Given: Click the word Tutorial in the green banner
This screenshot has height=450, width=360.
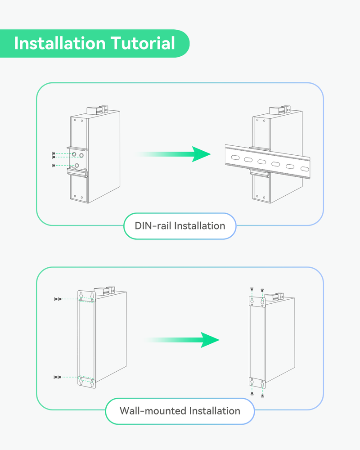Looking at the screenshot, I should pos(143,43).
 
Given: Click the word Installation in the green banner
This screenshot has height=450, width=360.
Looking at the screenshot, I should pos(59,43).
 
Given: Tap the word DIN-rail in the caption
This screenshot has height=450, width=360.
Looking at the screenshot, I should pos(153,225).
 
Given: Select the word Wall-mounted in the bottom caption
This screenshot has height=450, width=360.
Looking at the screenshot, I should pos(152,411).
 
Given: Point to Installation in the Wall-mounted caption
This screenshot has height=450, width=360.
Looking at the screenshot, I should pos(214,411).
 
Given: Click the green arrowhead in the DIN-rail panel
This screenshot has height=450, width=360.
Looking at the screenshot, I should pos(200,154).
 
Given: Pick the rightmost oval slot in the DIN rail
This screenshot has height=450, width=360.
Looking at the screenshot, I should pos(305,169).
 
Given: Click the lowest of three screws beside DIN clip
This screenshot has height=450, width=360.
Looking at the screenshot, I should pos(54,166).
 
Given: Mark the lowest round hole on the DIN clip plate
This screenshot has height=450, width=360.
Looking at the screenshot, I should pos(77,166).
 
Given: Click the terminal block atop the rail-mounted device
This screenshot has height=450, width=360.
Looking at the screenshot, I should pos(275,111).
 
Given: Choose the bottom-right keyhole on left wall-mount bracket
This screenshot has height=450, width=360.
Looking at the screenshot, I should pos(92,384).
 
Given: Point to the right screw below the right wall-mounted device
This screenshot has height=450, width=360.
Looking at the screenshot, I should pos(262,395).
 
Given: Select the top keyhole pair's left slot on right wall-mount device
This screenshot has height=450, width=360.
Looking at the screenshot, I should pos(252,301).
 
